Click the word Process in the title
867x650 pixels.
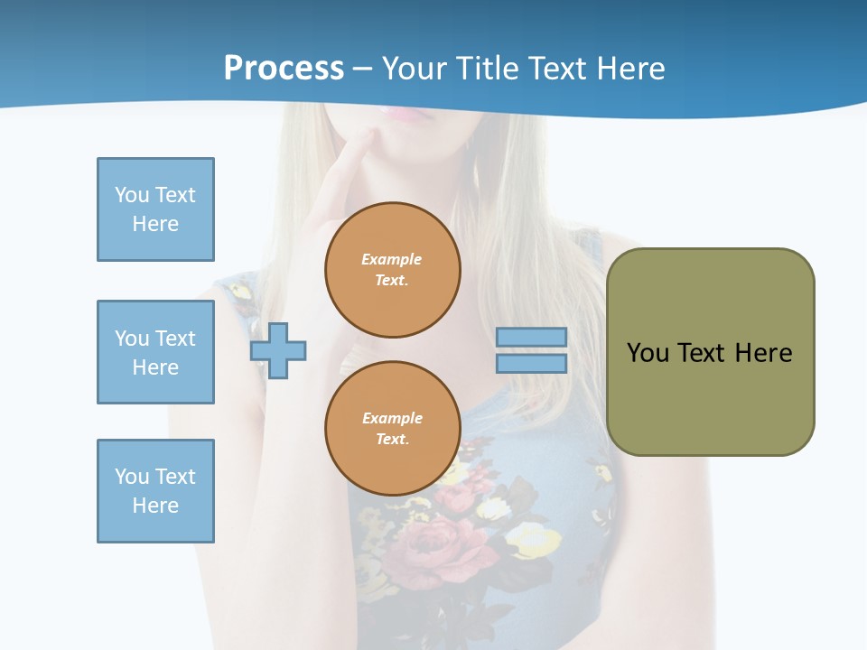(284, 68)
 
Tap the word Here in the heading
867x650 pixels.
(629, 68)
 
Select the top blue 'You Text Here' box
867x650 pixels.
(155, 209)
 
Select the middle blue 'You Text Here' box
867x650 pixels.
(155, 352)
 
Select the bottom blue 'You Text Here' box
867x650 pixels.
(155, 490)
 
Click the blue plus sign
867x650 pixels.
(278, 350)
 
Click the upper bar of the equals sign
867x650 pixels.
(531, 337)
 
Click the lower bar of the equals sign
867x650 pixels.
(531, 364)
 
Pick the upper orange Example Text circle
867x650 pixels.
(392, 270)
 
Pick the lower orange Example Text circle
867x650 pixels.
(392, 429)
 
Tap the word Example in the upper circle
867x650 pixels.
(391, 259)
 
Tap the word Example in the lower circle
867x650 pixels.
(392, 418)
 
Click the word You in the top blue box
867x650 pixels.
(131, 195)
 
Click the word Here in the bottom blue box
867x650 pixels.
(155, 506)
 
